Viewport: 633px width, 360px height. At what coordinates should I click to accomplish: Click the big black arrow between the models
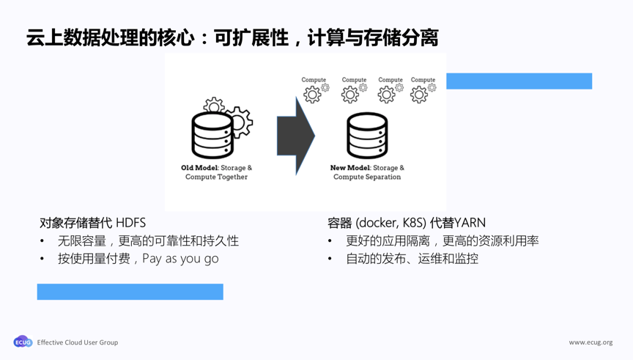click(x=295, y=136)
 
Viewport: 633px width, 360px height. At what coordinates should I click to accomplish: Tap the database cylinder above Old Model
click(x=212, y=136)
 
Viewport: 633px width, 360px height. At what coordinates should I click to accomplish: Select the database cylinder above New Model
click(x=367, y=136)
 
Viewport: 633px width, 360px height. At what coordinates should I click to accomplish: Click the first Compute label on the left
click(x=314, y=80)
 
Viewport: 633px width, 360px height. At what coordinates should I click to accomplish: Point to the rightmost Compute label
click(x=423, y=80)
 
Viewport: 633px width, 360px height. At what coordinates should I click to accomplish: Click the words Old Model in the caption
click(x=199, y=168)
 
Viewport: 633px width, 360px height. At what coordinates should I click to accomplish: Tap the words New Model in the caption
click(x=349, y=168)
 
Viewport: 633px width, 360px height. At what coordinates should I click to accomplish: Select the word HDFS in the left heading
click(x=130, y=222)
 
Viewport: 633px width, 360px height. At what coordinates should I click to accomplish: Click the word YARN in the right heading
click(x=470, y=222)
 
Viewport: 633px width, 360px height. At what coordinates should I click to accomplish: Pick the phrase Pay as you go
click(x=180, y=258)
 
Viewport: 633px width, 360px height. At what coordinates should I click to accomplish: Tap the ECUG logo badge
click(x=23, y=342)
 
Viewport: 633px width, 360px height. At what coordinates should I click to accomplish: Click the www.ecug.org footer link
click(x=591, y=342)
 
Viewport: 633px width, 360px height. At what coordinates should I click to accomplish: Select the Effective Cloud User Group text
click(x=78, y=342)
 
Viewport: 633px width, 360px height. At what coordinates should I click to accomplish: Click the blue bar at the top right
click(x=519, y=81)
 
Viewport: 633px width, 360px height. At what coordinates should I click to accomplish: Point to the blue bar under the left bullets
click(x=130, y=292)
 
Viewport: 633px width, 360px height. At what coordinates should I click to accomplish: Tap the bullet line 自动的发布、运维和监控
click(x=412, y=258)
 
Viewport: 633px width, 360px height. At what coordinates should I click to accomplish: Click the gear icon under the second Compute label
click(x=351, y=94)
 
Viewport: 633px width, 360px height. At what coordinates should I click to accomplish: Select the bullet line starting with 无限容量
click(x=148, y=240)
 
